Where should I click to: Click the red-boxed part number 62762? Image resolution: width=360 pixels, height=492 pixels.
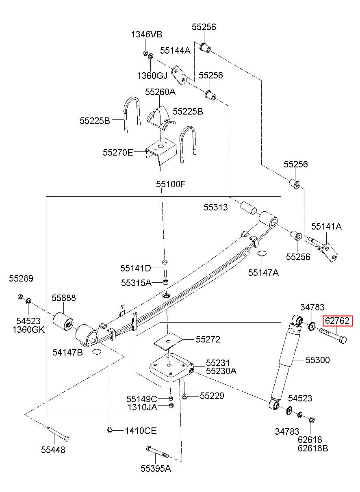coord(337,321)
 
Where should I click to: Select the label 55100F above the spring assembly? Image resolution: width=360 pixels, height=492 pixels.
coord(171,184)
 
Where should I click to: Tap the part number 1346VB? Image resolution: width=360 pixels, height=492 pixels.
coord(147,34)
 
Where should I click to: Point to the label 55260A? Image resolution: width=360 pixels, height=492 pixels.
coord(160,92)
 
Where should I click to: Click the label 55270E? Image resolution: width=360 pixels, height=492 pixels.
coord(118,152)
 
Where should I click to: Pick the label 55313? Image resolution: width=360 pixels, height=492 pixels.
coord(215,207)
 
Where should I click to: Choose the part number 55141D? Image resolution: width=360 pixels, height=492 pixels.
coord(136,268)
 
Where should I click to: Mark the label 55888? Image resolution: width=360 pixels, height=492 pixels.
coord(64,298)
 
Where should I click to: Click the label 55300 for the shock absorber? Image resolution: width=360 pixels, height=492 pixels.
coord(318,360)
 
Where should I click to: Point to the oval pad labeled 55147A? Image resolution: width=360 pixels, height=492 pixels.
coord(262,253)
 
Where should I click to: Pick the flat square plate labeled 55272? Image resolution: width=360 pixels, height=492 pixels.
coord(168,341)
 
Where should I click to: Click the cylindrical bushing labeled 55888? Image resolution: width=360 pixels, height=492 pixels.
coord(63,321)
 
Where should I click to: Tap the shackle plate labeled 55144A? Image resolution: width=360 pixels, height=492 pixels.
coord(180,75)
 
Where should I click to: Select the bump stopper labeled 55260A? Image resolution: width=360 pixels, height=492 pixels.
coord(160,117)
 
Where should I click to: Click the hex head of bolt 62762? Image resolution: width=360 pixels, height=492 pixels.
coord(343,340)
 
